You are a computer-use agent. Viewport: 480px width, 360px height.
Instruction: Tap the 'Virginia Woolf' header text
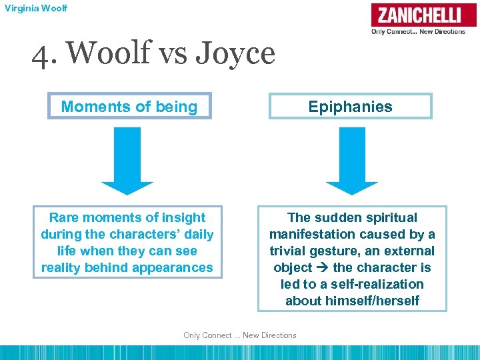[35, 9]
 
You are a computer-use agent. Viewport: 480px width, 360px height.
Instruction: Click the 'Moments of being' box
[129, 107]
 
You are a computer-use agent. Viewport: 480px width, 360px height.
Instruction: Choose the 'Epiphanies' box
[350, 107]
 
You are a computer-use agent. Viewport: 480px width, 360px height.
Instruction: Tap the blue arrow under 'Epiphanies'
[352, 161]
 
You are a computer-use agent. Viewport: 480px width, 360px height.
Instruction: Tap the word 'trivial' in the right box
[291, 251]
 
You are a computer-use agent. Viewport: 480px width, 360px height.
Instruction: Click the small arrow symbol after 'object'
[323, 268]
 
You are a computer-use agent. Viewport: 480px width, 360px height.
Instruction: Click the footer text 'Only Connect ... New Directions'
[240, 335]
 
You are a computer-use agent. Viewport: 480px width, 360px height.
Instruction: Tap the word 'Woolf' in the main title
[97, 53]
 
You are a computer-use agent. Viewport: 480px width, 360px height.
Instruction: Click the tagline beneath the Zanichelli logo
[418, 31]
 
